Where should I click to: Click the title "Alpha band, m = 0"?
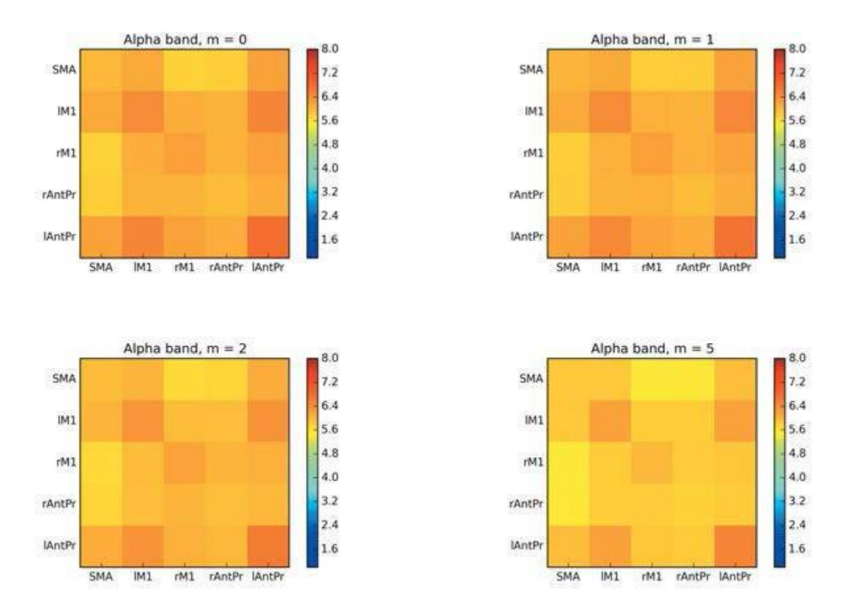(185, 40)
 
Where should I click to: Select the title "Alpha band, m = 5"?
(652, 349)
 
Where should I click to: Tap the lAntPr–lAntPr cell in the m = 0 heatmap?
(268, 236)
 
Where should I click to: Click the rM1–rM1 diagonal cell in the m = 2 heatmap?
(184, 462)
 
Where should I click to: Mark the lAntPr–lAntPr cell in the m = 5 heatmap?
(735, 545)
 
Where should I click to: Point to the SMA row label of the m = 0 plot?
(63, 69)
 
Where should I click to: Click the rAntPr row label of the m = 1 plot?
(526, 195)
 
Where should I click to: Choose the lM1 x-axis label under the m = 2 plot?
(142, 577)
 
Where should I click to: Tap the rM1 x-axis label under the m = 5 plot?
(651, 577)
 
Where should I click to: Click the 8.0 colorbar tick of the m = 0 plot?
(330, 49)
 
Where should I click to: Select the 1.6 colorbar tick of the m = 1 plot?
(797, 239)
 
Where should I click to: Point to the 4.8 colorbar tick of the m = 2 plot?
(330, 453)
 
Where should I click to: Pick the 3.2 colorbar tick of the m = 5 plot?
(797, 501)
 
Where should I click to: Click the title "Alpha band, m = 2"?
(185, 349)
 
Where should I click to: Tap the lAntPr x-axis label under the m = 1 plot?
(735, 267)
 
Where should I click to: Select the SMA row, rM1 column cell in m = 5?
(651, 379)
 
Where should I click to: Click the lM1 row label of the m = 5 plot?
(534, 420)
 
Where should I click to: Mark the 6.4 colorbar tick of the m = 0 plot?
(330, 96)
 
